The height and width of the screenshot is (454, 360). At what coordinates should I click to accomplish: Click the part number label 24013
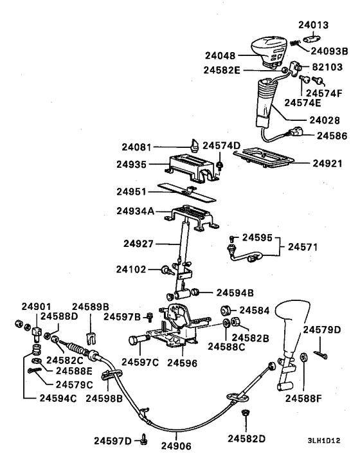pyautogui.click(x=314, y=25)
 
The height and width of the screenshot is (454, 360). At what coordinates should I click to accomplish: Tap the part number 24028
pyautogui.click(x=325, y=120)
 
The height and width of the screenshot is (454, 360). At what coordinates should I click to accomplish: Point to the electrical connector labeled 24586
pyautogui.click(x=295, y=131)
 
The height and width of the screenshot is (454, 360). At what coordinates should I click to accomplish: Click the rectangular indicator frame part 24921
pyautogui.click(x=264, y=158)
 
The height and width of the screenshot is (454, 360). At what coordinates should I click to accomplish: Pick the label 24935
pyautogui.click(x=131, y=165)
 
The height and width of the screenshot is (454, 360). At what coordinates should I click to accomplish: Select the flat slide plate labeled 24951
pyautogui.click(x=187, y=192)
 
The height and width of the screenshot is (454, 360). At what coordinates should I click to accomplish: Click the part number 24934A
pyautogui.click(x=136, y=211)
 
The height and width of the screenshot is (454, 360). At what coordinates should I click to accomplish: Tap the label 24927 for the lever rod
pyautogui.click(x=138, y=244)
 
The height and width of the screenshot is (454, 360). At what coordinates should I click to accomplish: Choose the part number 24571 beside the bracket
pyautogui.click(x=303, y=247)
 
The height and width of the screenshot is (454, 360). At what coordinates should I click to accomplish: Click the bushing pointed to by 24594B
pyautogui.click(x=197, y=292)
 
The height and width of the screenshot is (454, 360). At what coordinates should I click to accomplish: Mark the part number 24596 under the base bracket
pyautogui.click(x=182, y=363)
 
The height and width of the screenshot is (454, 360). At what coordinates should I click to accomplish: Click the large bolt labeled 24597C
pyautogui.click(x=138, y=340)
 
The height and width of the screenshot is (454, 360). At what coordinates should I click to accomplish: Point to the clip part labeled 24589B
pyautogui.click(x=91, y=338)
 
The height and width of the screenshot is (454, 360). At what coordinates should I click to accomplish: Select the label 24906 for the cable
pyautogui.click(x=176, y=446)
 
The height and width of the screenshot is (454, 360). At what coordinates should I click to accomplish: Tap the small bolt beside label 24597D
pyautogui.click(x=144, y=439)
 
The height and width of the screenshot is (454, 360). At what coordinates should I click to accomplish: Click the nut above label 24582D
pyautogui.click(x=246, y=412)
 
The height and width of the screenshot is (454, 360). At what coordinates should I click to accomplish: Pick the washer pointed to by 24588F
pyautogui.click(x=304, y=358)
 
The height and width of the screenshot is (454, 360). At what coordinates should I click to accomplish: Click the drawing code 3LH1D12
pyautogui.click(x=324, y=440)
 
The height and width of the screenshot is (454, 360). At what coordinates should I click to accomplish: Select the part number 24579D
pyautogui.click(x=322, y=330)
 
